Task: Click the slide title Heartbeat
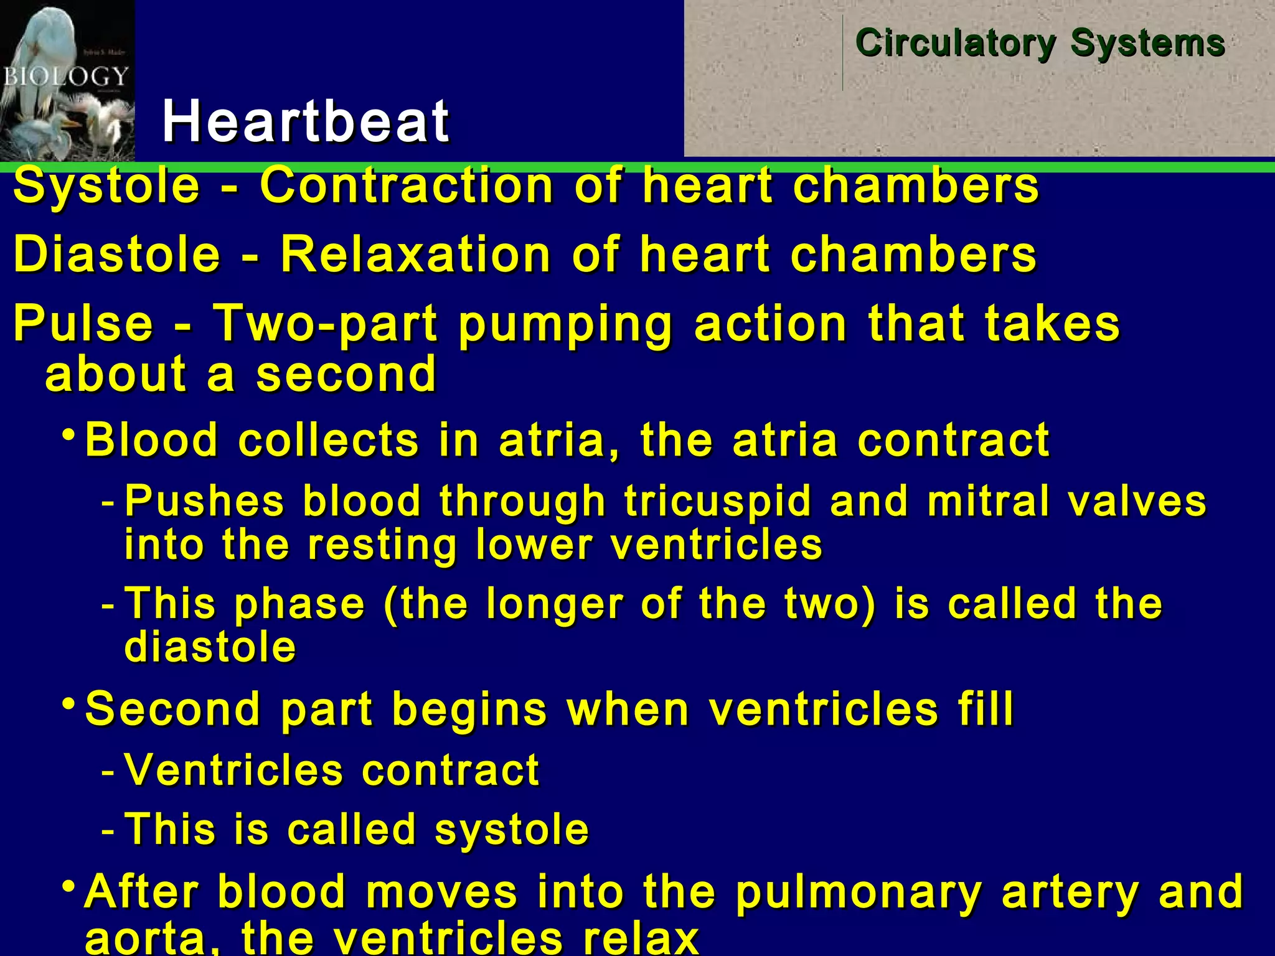coord(305,121)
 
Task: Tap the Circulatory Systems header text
coord(1040,44)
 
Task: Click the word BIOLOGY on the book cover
coord(65,77)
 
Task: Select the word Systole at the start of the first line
coord(106,185)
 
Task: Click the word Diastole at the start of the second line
coord(117,255)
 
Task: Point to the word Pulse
coord(83,323)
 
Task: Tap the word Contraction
coord(406,185)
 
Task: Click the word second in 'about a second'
coord(346,374)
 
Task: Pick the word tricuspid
coord(718,501)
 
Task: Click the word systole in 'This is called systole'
coord(511,830)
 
